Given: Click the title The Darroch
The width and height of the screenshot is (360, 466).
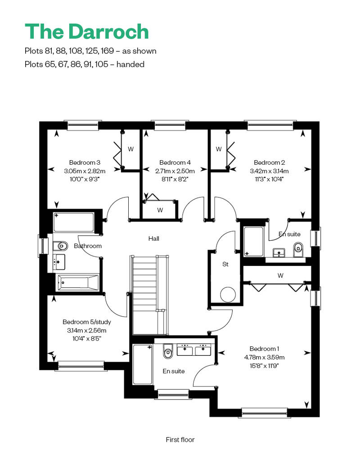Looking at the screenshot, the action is (86, 31).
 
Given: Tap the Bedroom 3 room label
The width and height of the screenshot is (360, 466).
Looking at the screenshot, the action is (85, 162).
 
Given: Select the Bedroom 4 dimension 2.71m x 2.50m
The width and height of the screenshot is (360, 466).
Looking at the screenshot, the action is (175, 171).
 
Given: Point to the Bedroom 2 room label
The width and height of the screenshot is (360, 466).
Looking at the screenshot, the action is (270, 162).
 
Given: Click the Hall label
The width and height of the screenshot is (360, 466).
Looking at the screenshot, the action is (154, 238).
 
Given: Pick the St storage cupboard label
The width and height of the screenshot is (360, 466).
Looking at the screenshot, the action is (225, 264).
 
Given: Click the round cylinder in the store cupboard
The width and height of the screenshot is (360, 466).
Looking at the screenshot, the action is (228, 294).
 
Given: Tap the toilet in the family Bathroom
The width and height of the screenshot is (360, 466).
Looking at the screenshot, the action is (60, 246).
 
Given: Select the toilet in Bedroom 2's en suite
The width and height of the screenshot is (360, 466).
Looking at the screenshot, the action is (298, 249).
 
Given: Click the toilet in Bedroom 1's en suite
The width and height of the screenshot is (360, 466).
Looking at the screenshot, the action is (168, 352).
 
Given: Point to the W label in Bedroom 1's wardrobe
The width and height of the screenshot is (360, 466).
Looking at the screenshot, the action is (280, 275).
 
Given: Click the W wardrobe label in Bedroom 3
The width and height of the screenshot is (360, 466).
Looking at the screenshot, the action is (130, 149).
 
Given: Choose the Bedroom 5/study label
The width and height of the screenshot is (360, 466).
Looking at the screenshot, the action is (87, 322).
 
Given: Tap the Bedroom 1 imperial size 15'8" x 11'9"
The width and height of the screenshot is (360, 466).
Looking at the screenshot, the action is (264, 366).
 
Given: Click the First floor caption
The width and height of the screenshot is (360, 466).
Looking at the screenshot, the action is (180, 439).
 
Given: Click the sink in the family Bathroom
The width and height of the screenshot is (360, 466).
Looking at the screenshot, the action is (59, 262).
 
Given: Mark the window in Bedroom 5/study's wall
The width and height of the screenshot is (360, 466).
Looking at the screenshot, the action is (81, 366).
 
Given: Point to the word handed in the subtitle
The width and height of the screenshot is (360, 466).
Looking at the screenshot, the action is (130, 64).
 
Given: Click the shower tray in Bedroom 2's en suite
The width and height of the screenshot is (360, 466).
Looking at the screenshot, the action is (254, 242).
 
